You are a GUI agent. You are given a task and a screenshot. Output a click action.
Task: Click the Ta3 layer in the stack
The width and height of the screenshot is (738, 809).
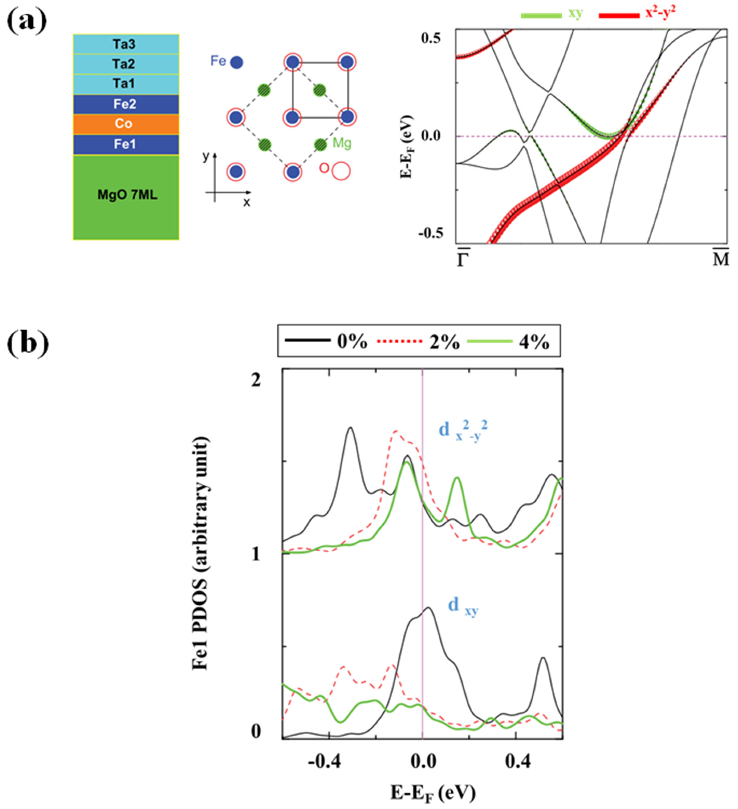tap(126, 44)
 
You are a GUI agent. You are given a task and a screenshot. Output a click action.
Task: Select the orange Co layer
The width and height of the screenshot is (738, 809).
tap(126, 124)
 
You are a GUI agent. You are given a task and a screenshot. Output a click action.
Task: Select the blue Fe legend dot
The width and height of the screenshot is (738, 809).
tap(237, 62)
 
